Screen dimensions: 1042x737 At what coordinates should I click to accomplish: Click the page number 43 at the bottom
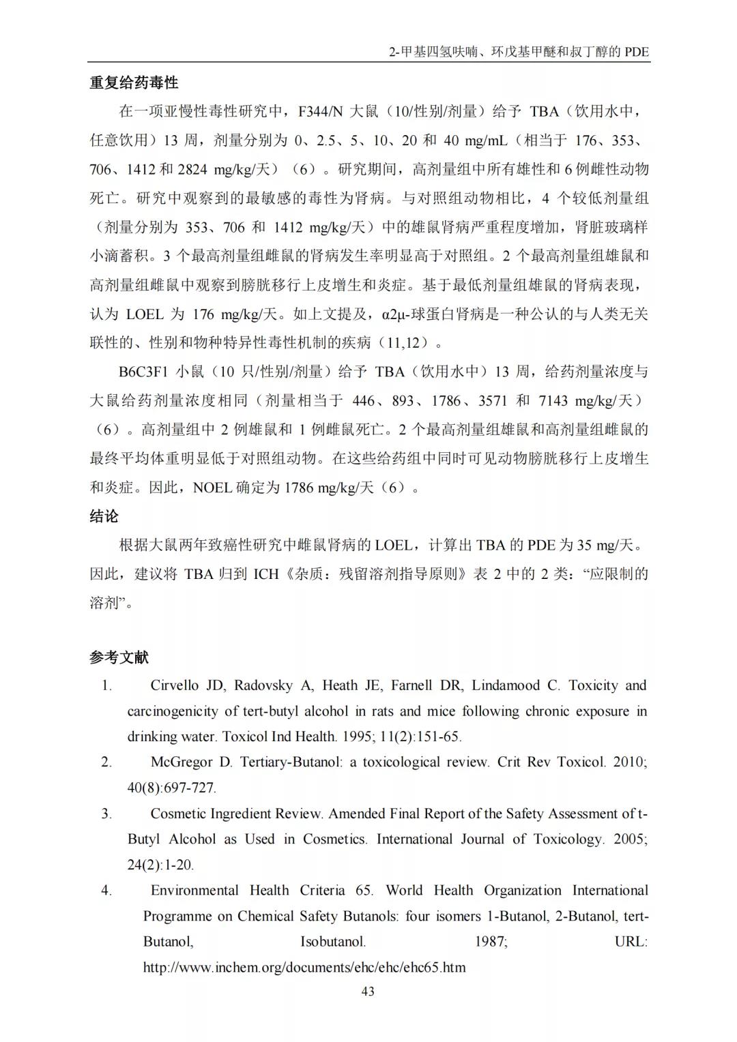(368, 992)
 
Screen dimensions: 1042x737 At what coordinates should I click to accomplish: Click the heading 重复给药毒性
(134, 83)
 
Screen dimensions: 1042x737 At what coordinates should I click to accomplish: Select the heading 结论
(104, 516)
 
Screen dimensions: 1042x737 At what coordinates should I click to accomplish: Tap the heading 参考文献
(119, 657)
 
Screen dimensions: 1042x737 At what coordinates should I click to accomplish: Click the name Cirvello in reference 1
(177, 685)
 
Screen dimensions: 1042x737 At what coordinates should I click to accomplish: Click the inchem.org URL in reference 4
(304, 967)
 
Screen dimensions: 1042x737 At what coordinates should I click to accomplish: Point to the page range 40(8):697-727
(172, 788)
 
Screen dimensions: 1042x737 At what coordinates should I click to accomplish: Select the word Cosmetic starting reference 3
(179, 814)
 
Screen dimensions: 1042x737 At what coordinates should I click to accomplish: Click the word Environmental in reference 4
(194, 890)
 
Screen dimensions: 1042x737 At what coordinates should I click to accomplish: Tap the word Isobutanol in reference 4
(333, 942)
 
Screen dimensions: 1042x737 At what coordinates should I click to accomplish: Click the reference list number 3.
(106, 814)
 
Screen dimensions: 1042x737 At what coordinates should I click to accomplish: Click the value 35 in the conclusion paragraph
(585, 546)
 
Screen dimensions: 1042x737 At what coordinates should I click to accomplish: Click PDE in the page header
(636, 52)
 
